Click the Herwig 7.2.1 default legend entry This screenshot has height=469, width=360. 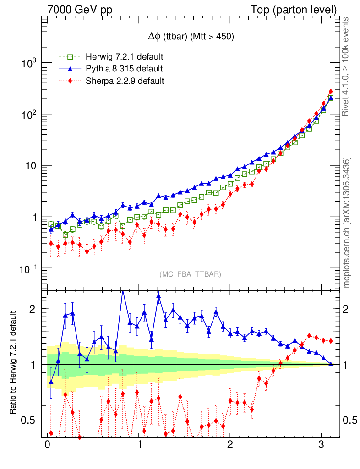(x=124, y=57)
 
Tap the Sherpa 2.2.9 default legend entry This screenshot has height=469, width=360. (x=124, y=81)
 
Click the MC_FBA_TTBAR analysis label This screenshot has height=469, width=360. (x=191, y=274)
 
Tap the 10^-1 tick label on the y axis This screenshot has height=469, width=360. (x=27, y=268)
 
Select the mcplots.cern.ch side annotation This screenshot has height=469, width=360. (x=347, y=223)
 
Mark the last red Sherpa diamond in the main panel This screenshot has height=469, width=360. (x=331, y=92)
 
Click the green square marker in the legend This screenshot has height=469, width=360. (x=70, y=57)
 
